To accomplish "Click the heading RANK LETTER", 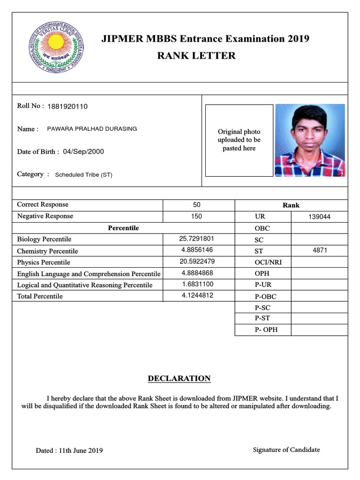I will [x=196, y=56].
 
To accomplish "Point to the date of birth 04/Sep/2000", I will [x=83, y=151].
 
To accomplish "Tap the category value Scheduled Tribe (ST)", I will [x=83, y=175].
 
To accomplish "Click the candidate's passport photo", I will [x=310, y=140].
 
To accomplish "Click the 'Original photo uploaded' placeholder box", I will [x=239, y=140].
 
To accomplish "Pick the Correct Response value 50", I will [x=196, y=205].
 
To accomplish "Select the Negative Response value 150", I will [x=196, y=216].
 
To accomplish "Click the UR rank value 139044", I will [x=319, y=217].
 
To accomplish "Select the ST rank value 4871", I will [x=319, y=250].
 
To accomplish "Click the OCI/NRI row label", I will [x=265, y=262].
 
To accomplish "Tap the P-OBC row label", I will [x=265, y=296].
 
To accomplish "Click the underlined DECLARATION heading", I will [x=179, y=378].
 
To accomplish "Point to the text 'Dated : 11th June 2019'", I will [x=69, y=450].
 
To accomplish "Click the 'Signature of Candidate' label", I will [x=286, y=450].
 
